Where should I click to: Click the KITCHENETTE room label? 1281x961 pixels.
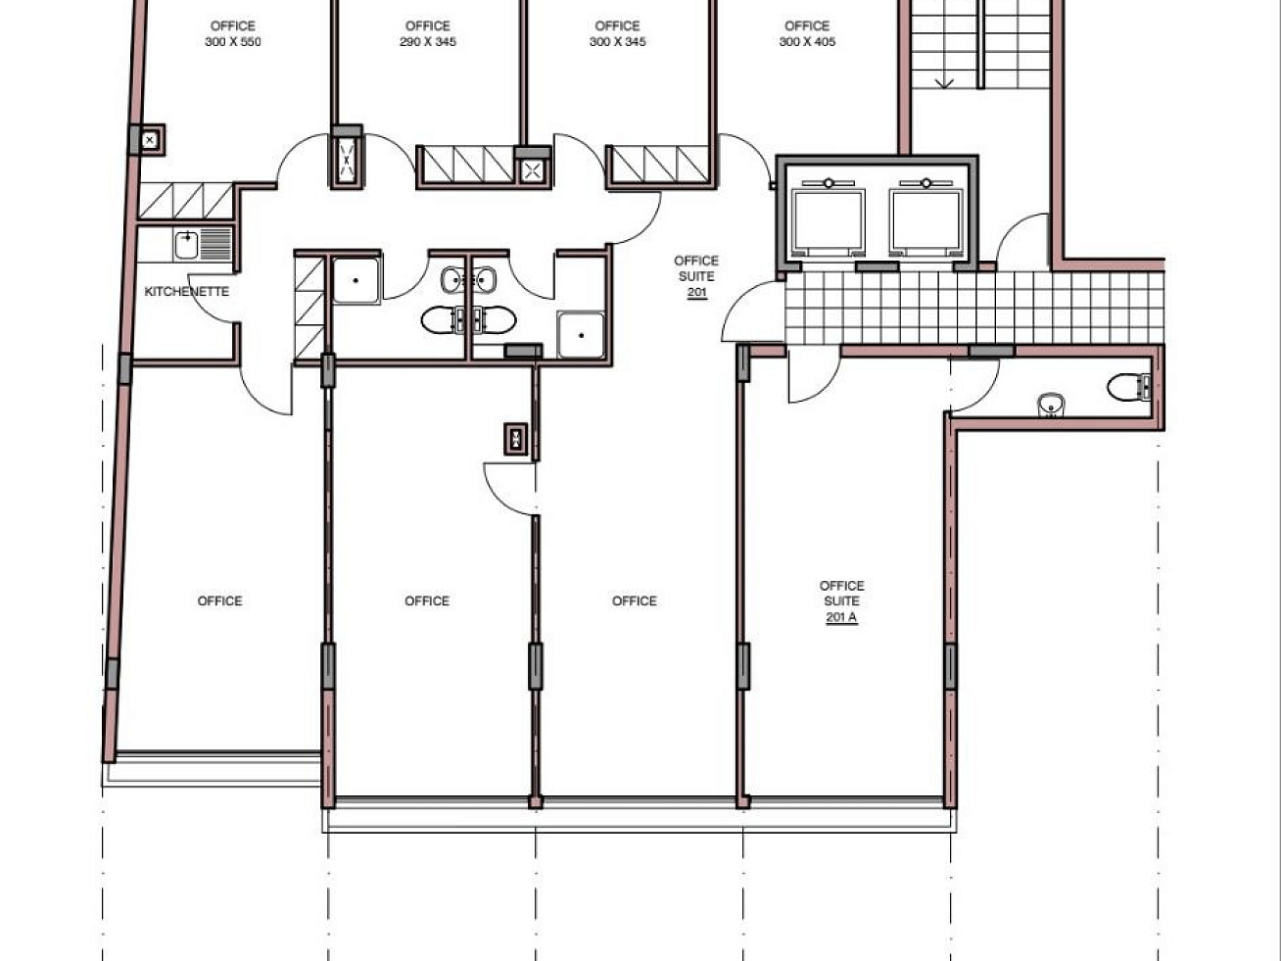[187, 291]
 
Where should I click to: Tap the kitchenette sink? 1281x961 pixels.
[186, 245]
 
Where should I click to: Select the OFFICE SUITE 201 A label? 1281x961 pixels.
[841, 601]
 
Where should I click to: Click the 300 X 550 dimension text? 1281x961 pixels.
[233, 42]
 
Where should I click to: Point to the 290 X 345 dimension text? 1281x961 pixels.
[428, 42]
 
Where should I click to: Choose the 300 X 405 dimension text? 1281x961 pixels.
[807, 42]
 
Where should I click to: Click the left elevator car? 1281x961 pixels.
[829, 220]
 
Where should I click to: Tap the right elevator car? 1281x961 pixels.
[925, 220]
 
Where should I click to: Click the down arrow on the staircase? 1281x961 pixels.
[944, 83]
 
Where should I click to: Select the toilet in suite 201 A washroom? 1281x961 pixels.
[1128, 387]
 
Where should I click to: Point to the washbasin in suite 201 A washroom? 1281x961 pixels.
[1051, 405]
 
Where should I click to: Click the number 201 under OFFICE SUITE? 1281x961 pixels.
[697, 292]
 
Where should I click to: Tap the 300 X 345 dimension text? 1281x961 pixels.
[617, 42]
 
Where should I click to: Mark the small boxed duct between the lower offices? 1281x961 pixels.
[516, 439]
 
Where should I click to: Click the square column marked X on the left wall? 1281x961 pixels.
[150, 140]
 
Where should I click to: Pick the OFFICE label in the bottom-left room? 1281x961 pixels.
[219, 601]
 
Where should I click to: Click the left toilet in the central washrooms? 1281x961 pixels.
[440, 320]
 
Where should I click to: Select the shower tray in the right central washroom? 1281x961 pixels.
[581, 335]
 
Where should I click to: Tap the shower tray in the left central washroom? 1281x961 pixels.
[356, 280]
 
